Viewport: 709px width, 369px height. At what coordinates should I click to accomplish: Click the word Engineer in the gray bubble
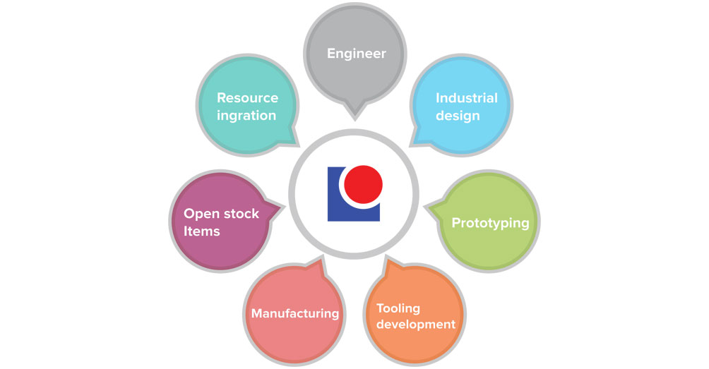point(357,54)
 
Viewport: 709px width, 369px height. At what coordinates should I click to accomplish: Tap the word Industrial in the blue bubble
point(466,98)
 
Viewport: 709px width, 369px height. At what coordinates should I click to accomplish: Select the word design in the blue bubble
point(458,116)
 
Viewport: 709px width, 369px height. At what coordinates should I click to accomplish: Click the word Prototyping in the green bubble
point(490,223)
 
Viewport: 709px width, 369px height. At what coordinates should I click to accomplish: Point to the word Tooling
point(398,309)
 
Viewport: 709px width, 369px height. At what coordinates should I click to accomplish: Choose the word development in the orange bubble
point(415,325)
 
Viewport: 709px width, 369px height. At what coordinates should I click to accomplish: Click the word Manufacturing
point(294,313)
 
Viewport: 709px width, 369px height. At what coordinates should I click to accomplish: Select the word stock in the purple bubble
point(242,214)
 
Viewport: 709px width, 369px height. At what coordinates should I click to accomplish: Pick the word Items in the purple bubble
point(202,231)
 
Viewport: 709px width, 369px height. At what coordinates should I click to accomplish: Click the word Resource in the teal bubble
point(247,98)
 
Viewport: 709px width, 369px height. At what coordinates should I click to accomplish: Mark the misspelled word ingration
point(246,116)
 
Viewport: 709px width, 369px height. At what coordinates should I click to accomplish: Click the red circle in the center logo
point(364,184)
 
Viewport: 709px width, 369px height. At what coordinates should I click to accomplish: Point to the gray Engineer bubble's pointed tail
point(355,113)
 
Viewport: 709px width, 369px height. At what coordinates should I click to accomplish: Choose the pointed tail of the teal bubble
point(293,138)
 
